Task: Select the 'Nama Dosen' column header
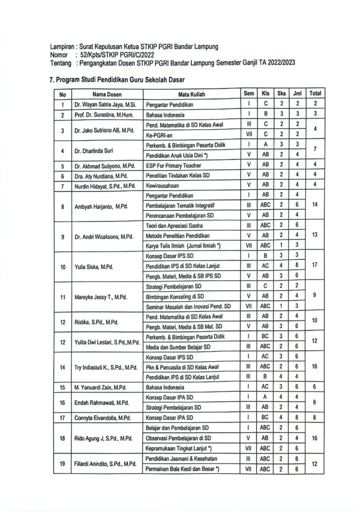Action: pos(106,93)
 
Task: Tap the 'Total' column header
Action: pos(315,93)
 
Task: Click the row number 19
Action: pos(62,463)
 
